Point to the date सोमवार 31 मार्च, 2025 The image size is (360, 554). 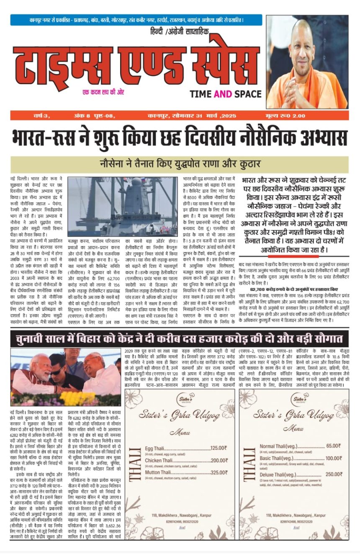pos(192,116)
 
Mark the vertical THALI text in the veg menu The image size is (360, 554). pos(248,461)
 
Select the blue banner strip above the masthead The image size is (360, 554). pos(136,20)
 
